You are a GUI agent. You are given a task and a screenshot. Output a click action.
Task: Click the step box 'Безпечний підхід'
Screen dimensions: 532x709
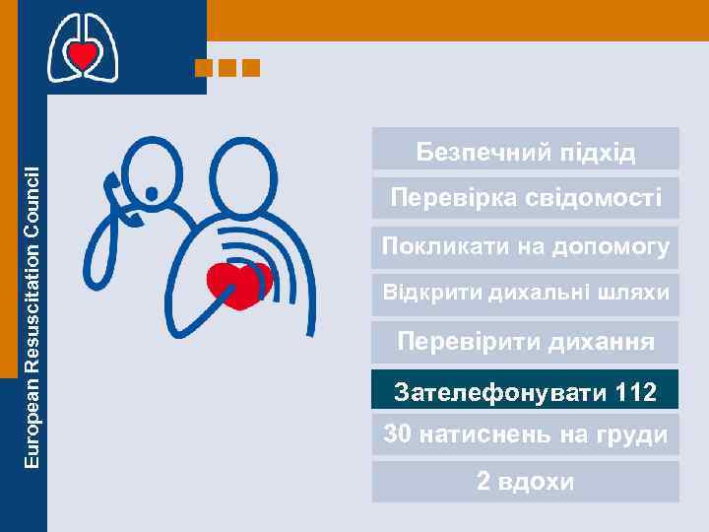click(525, 151)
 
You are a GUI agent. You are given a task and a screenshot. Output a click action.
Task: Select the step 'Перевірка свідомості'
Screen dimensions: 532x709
click(525, 198)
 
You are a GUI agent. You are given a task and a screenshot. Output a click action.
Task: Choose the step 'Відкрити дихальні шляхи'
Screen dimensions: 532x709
click(525, 293)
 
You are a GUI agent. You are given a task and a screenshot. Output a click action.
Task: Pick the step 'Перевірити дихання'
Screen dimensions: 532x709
click(525, 343)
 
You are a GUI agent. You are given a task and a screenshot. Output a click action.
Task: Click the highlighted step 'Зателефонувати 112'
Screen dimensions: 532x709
click(525, 391)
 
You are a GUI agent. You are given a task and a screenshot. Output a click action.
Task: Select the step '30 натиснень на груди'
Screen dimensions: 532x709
click(525, 434)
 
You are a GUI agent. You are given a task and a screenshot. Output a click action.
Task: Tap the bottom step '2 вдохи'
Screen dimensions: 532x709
click(525, 482)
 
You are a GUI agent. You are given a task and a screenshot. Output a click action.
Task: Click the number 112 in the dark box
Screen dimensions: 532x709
click(635, 393)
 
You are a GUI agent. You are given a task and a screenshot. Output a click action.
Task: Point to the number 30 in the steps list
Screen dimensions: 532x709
click(397, 434)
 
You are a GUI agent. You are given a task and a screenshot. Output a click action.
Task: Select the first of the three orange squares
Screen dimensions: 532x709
click(205, 68)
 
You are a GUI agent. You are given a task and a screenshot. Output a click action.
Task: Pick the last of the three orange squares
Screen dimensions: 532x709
click(251, 68)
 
